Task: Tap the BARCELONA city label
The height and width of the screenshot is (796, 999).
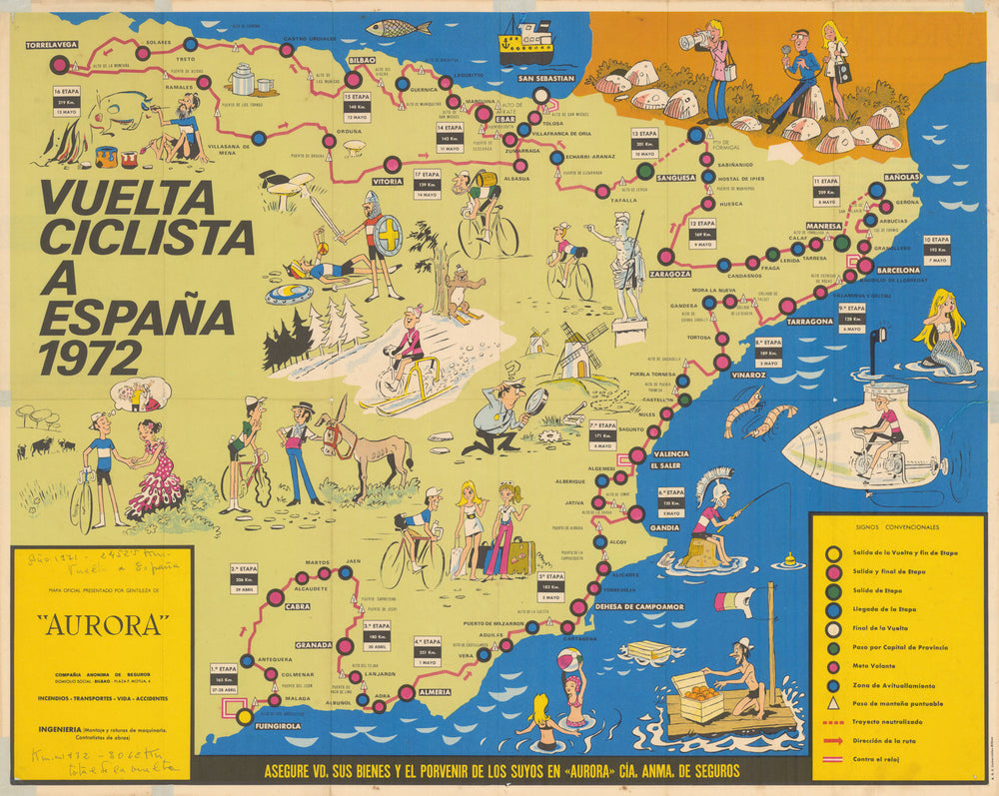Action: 897,270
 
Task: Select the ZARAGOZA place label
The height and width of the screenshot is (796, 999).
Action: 670,274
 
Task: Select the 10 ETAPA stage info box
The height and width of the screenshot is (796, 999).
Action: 936,250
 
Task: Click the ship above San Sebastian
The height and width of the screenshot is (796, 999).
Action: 526,42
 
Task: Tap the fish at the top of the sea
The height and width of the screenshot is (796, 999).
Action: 397,28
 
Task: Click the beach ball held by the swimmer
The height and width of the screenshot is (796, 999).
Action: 569,660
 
